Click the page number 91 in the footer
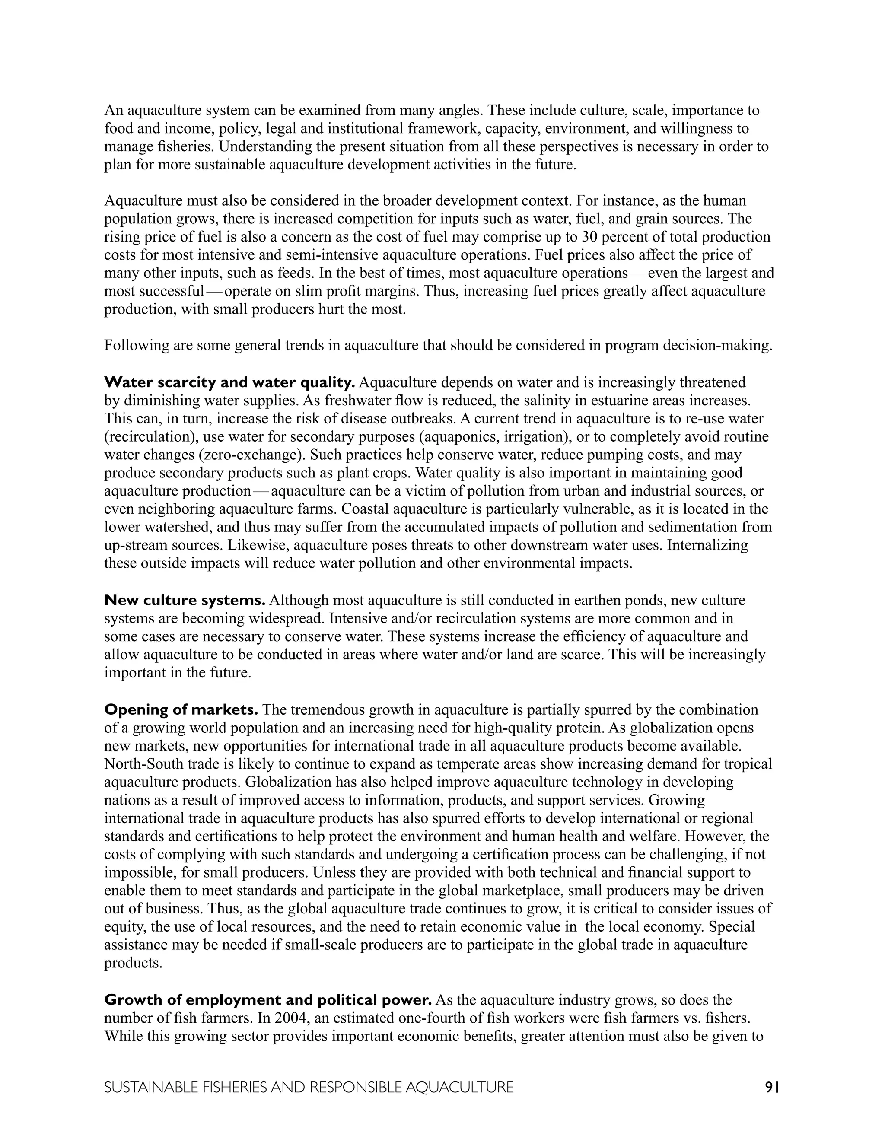tap(772, 1088)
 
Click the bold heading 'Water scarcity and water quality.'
tap(229, 383)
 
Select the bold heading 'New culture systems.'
tap(185, 600)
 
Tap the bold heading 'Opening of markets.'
tap(181, 710)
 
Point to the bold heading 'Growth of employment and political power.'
tap(268, 1000)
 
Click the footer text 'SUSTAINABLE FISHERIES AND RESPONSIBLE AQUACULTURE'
tap(309, 1088)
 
